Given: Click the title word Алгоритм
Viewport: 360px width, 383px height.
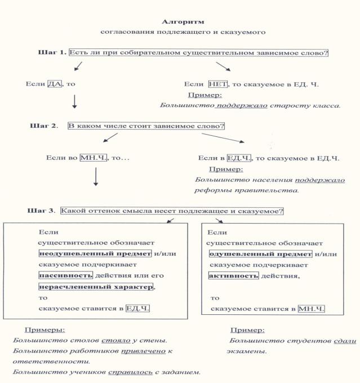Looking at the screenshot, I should coord(180,21).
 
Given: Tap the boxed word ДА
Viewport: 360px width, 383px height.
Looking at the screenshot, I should coord(54,84).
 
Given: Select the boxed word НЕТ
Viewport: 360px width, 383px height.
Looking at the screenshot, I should coord(217,84).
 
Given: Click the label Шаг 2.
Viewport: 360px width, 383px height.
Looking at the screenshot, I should coord(43,126).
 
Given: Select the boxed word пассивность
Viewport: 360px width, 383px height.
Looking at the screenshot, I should coord(61,275).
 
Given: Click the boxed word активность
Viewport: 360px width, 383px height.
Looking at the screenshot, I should coord(233,275).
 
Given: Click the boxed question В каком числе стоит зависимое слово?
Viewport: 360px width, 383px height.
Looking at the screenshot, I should coord(146,126).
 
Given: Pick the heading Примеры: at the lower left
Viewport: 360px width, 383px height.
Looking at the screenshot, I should coord(45,329).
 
